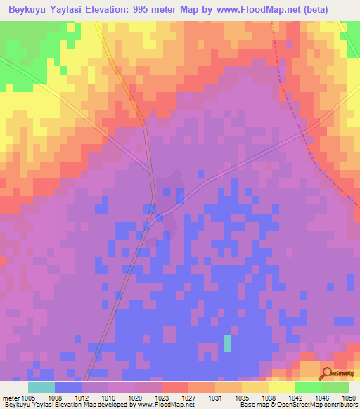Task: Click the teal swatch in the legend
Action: click(x=41, y=387)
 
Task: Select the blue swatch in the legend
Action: click(x=68, y=387)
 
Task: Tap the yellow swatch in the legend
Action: click(x=282, y=387)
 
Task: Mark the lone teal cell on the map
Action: click(x=227, y=343)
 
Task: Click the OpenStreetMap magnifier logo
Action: click(x=326, y=373)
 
